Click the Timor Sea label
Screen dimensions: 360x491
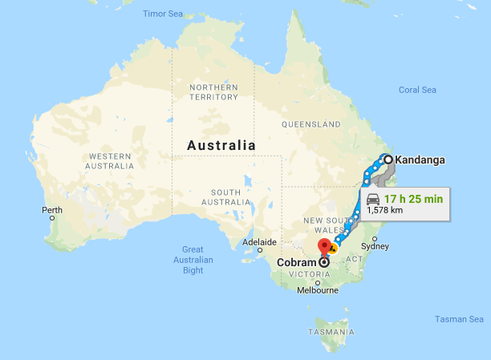[x=163, y=14]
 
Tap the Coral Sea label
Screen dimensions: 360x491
[x=418, y=90]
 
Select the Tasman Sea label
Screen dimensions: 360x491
[x=460, y=319]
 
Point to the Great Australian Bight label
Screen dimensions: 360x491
[x=193, y=260]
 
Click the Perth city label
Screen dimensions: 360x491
[x=52, y=210]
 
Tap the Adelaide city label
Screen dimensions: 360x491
[x=259, y=241]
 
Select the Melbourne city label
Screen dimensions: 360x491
[x=318, y=290]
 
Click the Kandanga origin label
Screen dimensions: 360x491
[x=420, y=160]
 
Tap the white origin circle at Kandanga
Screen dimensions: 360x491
[x=388, y=160]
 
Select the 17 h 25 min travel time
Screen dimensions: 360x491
[x=413, y=199]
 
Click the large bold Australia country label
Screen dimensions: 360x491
[x=221, y=146]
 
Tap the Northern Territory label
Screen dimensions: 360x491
[x=213, y=91]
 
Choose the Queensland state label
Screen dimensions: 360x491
[x=311, y=124]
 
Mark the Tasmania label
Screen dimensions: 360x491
[x=331, y=332]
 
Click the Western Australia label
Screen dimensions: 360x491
[x=112, y=161]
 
